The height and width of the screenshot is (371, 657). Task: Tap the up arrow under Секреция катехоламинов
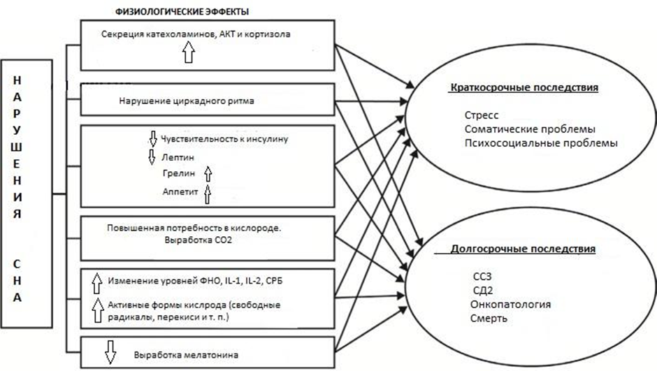click(187, 52)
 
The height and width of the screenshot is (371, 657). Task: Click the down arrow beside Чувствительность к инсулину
click(152, 138)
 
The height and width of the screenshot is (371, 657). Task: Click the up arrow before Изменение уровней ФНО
click(97, 282)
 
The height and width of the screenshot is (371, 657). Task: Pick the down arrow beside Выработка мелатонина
click(110, 354)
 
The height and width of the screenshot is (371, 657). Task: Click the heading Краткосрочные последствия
click(526, 89)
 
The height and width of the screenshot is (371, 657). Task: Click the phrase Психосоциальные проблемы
click(540, 143)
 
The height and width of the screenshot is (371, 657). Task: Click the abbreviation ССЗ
click(483, 276)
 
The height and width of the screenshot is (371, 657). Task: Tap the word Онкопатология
click(511, 305)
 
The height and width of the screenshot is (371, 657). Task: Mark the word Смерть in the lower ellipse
click(489, 319)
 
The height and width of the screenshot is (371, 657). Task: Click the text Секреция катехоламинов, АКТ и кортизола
click(205, 34)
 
